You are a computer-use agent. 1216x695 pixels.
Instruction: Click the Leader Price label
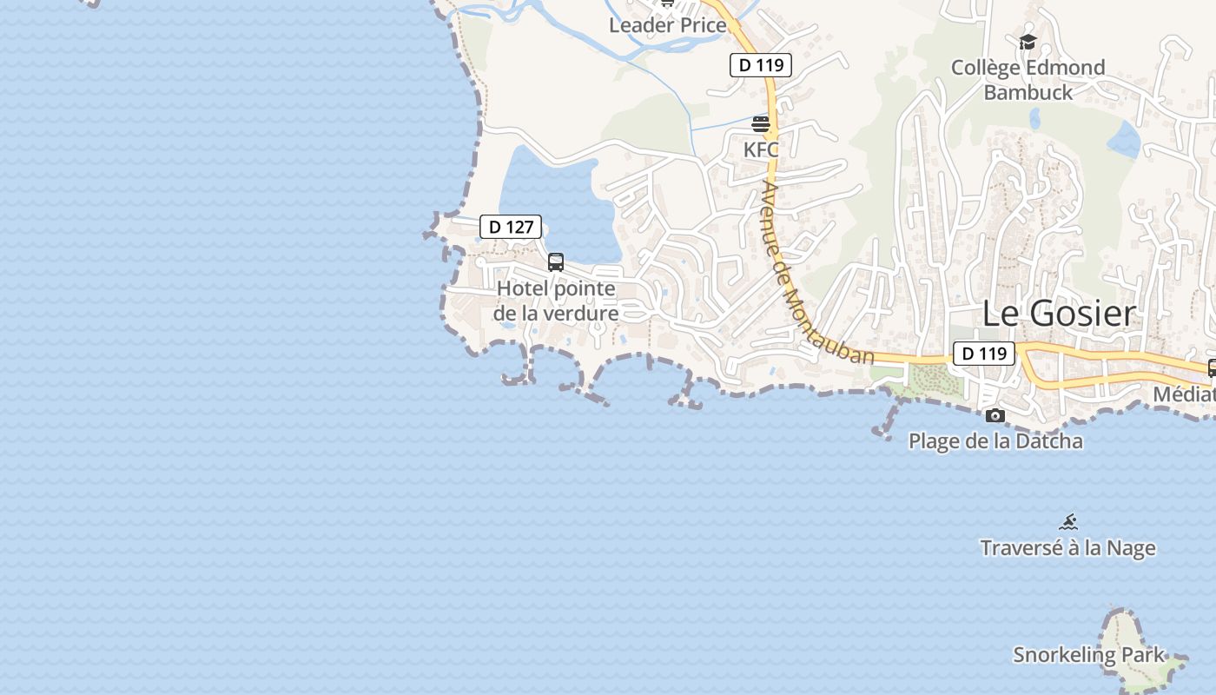pos(667,25)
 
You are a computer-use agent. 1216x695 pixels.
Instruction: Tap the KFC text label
pos(761,149)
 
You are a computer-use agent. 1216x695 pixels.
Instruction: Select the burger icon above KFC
pos(761,124)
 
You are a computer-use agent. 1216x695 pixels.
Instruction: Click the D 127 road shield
pos(511,227)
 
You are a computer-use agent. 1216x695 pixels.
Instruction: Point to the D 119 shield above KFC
pos(760,65)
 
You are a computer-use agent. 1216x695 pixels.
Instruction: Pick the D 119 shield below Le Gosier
pos(984,354)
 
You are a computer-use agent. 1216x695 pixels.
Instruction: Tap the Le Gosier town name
pos(1059,314)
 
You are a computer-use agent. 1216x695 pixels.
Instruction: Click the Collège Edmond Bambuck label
pos(1028,80)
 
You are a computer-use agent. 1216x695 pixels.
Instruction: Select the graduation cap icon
pos(1028,42)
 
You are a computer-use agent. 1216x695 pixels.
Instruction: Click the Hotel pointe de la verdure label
pos(556,301)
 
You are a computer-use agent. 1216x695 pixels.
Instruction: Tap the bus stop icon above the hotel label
pos(556,261)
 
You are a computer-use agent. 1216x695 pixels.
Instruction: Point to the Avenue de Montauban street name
pos(816,273)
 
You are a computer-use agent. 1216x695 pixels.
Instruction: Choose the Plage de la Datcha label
pos(995,440)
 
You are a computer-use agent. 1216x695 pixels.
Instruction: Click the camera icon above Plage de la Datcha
pos(995,416)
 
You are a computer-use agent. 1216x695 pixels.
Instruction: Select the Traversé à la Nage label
pos(1067,548)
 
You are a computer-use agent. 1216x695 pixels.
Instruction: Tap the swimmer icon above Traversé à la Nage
pos(1068,522)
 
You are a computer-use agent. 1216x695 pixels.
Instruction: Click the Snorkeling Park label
pos(1088,655)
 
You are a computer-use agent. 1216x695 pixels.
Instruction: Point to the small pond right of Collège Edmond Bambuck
pos(1125,139)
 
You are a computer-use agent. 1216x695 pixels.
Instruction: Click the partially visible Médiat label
pos(1184,394)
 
